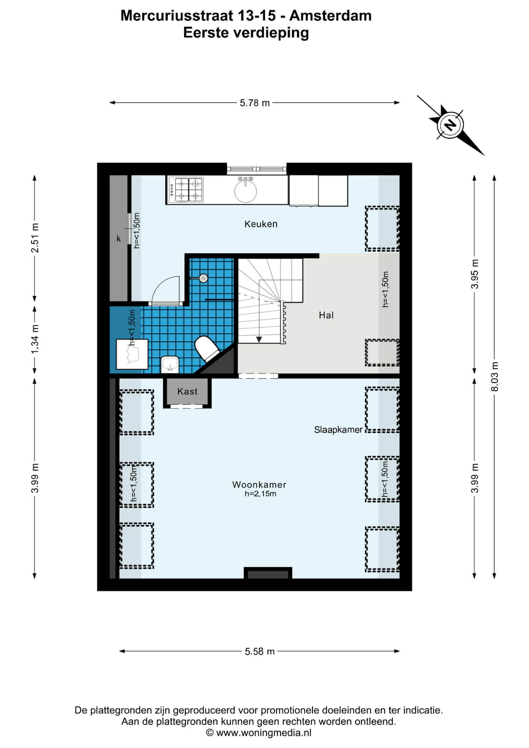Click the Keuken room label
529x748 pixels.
(261, 224)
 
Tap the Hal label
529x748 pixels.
(326, 315)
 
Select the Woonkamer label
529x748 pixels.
(259, 485)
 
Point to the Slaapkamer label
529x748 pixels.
(338, 430)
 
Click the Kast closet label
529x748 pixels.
(187, 392)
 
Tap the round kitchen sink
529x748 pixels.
(245, 191)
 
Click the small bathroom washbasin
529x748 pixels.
(170, 364)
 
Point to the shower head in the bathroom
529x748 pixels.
(203, 278)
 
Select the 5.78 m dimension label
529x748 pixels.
(255, 103)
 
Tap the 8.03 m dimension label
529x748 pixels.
(494, 376)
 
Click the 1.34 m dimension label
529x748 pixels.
(35, 340)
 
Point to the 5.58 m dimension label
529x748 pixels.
(260, 651)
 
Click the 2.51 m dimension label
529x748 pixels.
(35, 238)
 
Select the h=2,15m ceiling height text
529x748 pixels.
(260, 494)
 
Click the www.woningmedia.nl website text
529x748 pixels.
(264, 733)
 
